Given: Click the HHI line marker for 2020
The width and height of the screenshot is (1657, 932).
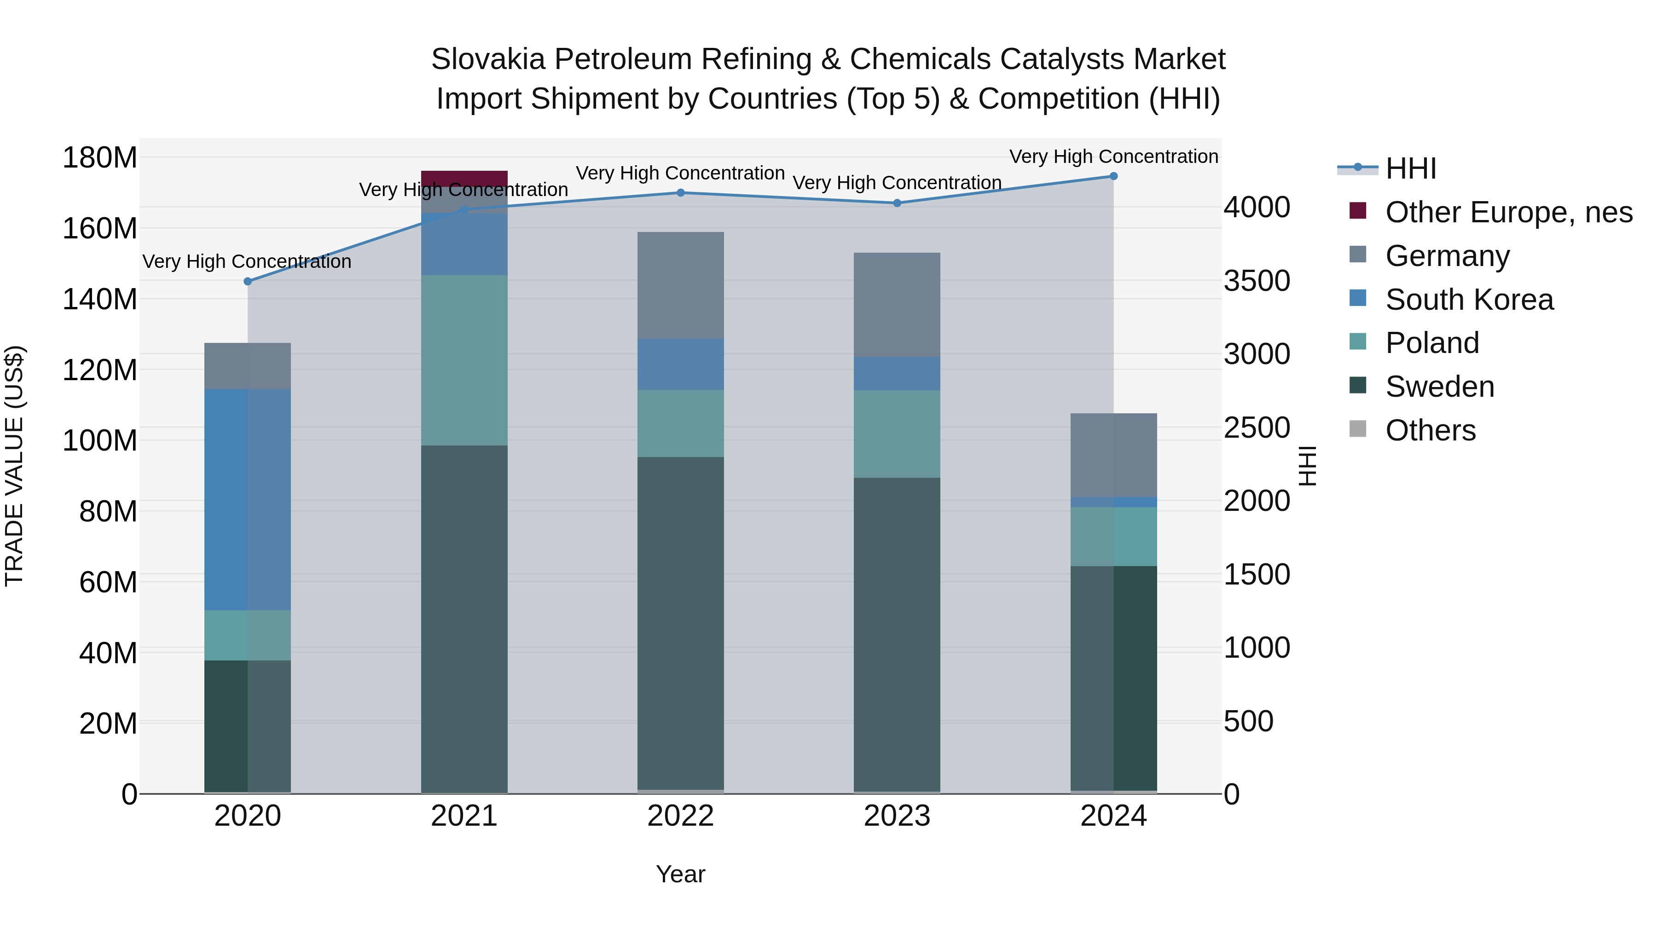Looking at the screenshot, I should (248, 281).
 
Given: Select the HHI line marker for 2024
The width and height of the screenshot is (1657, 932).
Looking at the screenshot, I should (1113, 176).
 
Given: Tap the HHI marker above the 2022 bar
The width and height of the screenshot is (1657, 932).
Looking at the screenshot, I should (681, 192).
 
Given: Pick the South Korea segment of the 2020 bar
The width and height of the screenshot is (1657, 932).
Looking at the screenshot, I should (248, 499).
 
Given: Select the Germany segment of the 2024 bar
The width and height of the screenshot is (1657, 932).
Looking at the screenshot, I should (1113, 455).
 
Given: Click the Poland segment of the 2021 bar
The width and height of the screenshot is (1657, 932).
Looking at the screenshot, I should (464, 360).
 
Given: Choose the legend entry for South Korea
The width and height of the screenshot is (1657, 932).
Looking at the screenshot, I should (1469, 300).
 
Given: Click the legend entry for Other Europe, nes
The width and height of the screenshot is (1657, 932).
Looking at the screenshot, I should (1508, 212).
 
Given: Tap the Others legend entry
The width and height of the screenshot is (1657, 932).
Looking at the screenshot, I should (1430, 430).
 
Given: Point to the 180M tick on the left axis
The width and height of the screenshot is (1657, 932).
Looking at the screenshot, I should (100, 157).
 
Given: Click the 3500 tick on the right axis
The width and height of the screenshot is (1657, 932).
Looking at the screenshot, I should (1256, 281).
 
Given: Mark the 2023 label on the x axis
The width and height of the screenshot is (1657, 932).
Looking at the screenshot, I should (897, 816).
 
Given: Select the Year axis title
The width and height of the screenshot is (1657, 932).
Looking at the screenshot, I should (681, 874).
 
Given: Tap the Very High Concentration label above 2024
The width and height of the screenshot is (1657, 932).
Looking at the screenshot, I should (1113, 156).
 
